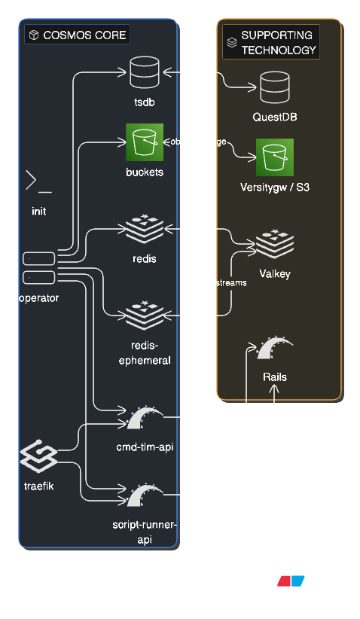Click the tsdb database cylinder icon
click(145, 73)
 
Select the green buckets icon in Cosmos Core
click(145, 142)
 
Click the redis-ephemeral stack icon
click(145, 315)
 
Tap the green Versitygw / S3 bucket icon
click(275, 157)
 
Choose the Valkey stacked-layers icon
click(275, 244)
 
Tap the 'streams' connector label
click(231, 283)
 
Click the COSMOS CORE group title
click(84, 35)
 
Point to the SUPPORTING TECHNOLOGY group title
click(278, 43)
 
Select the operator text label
click(38, 297)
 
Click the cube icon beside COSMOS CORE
click(34, 35)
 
